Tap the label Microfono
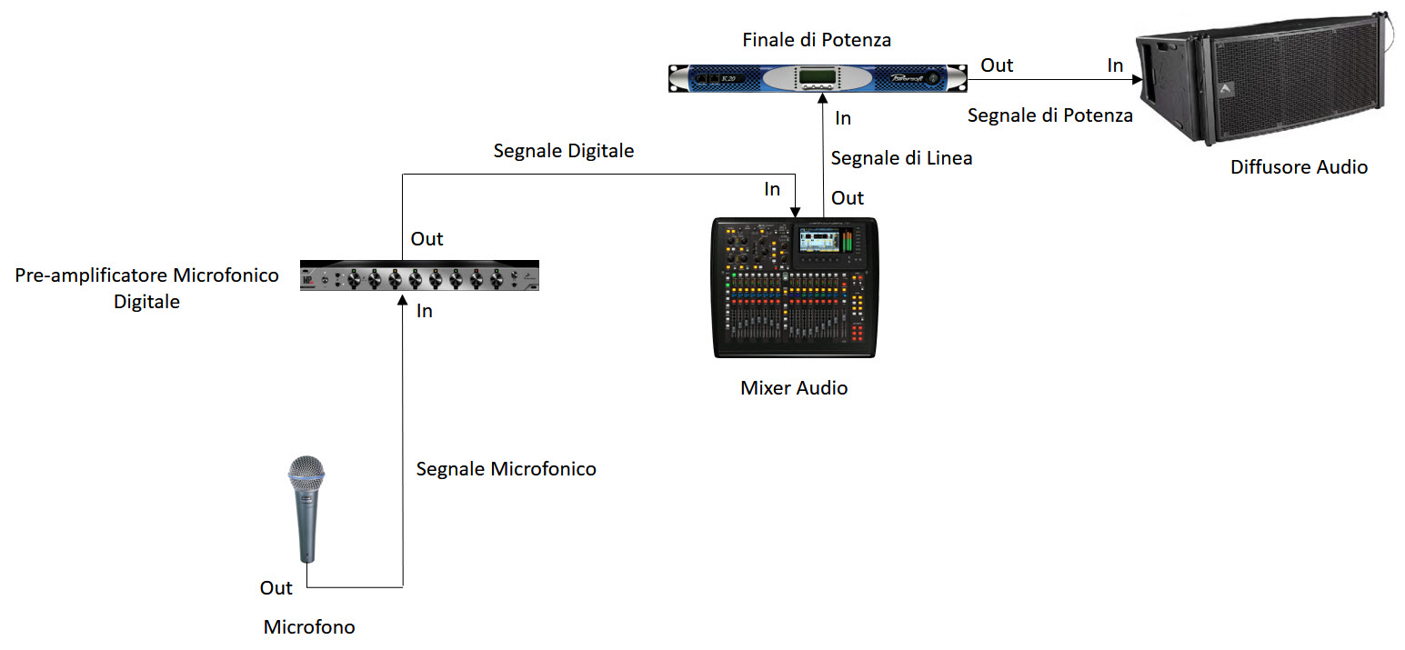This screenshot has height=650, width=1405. [309, 627]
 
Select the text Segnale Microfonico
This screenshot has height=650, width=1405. [506, 469]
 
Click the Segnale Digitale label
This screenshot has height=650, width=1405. [564, 151]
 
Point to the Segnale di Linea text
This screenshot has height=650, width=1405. [901, 158]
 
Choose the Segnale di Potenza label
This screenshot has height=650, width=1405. [1049, 115]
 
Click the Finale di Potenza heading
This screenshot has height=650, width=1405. [817, 40]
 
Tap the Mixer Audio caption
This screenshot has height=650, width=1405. [794, 388]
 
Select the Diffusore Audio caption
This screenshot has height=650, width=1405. [1299, 167]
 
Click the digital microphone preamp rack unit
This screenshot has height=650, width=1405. [420, 276]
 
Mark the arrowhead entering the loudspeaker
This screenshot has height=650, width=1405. [1136, 80]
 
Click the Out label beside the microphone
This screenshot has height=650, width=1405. [276, 588]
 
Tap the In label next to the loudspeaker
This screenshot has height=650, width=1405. [1115, 65]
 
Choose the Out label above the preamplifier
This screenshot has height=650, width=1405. [427, 239]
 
